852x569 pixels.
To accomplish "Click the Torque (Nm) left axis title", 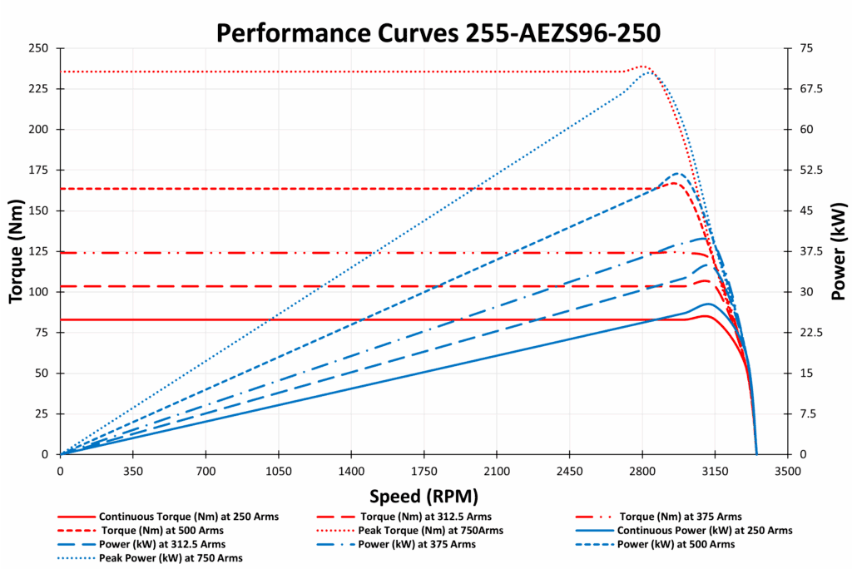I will [16, 251].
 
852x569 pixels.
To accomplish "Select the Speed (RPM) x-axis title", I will [424, 497].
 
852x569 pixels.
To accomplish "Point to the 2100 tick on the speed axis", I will [497, 470].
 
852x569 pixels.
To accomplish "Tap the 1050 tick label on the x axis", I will [278, 470].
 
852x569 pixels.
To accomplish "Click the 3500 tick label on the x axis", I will [787, 470].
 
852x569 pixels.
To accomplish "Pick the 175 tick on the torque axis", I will [38, 171].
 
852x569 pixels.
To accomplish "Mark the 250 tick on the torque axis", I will [38, 48].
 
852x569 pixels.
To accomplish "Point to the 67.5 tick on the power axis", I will [810, 89].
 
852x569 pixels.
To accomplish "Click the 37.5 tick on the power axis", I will [810, 251].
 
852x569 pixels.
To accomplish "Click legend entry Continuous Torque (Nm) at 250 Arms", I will [188, 517].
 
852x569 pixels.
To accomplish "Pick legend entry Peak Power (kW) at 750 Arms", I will [177, 557].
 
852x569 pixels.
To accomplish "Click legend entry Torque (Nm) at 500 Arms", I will [161, 530].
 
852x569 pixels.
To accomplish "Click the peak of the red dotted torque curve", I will [643, 67].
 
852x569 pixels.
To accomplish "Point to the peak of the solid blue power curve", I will [708, 304].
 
